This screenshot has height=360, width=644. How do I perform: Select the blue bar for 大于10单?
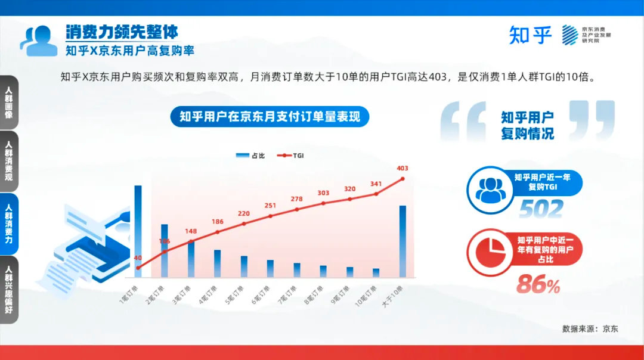tap(402, 241)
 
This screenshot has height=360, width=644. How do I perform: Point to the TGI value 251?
tap(270, 206)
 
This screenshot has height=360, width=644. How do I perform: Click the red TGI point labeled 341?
tap(376, 193)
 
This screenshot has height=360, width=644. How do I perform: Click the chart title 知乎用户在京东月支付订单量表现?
tap(270, 116)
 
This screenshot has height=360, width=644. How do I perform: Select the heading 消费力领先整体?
tap(122, 32)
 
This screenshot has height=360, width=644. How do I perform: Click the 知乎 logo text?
tap(531, 35)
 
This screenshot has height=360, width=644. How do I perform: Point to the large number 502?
tap(540, 209)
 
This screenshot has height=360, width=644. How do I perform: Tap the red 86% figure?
tap(538, 285)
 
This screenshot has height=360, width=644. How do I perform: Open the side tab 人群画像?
tap(8, 102)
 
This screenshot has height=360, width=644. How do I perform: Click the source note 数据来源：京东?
tap(590, 328)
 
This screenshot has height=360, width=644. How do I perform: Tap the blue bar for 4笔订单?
tap(217, 263)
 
